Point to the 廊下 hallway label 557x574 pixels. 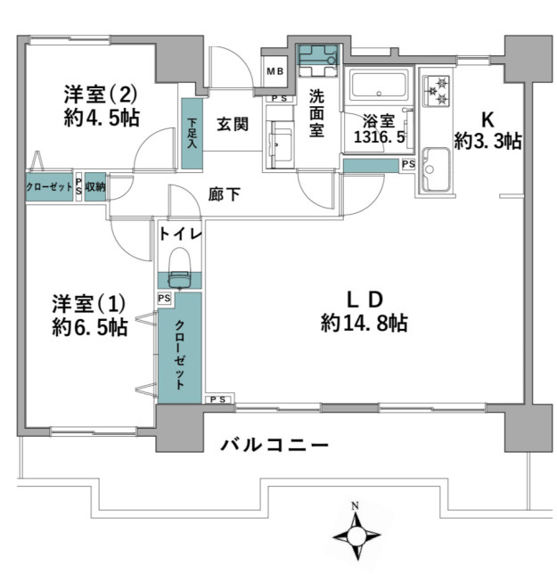click(x=224, y=194)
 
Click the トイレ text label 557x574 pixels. click(x=180, y=234)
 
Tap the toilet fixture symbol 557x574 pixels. click(x=180, y=266)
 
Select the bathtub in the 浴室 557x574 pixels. click(x=378, y=88)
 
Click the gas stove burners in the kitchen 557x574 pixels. click(x=436, y=89)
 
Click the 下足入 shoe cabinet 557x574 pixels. click(x=192, y=134)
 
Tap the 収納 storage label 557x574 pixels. click(x=95, y=188)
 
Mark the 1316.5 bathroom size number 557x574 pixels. click(x=378, y=138)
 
